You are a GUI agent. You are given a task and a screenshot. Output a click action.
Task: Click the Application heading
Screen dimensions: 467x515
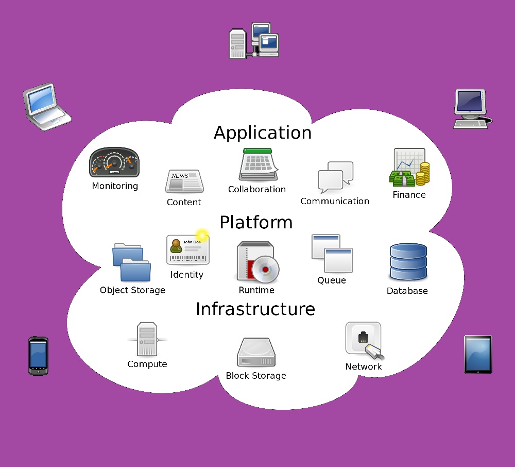point(263,133)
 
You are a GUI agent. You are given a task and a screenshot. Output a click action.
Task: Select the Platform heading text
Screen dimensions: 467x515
point(256,223)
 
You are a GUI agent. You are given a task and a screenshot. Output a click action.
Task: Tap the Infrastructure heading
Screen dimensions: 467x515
point(255,309)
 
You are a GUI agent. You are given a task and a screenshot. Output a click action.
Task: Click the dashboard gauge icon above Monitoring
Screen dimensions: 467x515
point(114,162)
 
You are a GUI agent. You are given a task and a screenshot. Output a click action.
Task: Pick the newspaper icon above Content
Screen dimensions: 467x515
point(184,181)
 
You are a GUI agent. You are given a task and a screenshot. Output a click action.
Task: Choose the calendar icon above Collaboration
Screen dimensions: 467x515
point(257,165)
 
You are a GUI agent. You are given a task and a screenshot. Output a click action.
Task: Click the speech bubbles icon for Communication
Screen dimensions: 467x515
point(335,177)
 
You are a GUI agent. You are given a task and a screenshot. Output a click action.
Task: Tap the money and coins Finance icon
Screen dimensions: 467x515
point(409,168)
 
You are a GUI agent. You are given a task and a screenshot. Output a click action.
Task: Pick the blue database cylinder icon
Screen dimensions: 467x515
point(408,262)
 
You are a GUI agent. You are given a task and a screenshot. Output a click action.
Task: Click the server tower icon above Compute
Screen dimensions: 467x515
point(147,339)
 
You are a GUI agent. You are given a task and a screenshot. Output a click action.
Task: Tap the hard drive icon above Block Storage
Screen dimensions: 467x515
point(256,353)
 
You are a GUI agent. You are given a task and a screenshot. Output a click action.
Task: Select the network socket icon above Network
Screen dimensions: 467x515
point(364,340)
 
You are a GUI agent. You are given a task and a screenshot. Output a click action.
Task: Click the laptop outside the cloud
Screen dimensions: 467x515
point(46,106)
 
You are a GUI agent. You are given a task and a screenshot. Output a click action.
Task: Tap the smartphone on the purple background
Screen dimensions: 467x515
point(38,356)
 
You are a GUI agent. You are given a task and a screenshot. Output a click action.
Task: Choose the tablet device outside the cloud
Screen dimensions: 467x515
point(478,354)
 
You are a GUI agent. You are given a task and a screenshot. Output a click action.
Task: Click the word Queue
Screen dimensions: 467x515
point(332,280)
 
